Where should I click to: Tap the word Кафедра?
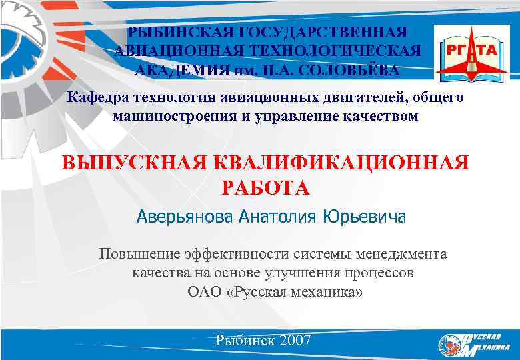point(99,98)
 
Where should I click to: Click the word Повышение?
point(135,254)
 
